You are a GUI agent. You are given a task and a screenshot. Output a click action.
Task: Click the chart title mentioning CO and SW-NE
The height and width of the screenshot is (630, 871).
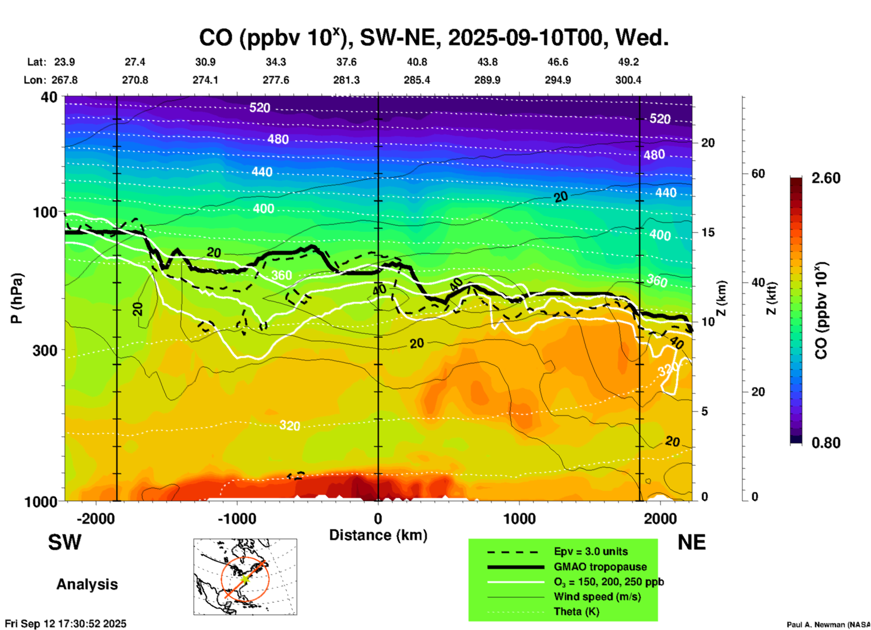pyautogui.click(x=433, y=38)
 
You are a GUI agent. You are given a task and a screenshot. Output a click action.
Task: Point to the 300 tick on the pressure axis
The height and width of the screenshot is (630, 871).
pyautogui.click(x=45, y=350)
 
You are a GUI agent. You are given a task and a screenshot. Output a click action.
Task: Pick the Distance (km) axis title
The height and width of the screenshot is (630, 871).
pyautogui.click(x=378, y=535)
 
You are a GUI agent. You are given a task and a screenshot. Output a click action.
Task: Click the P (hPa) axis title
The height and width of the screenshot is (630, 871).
pyautogui.click(x=16, y=298)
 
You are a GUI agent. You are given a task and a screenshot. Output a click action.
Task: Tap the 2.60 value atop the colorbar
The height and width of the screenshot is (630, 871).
pyautogui.click(x=826, y=178)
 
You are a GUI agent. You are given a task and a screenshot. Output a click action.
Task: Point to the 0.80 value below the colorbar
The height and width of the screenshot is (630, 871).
pyautogui.click(x=826, y=443)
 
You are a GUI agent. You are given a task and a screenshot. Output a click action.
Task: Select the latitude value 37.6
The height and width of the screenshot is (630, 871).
pyautogui.click(x=346, y=62)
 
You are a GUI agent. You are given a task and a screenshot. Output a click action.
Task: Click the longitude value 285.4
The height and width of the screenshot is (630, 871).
pyautogui.click(x=417, y=80)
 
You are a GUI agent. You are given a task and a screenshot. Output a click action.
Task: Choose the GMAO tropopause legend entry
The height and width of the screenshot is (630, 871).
pyautogui.click(x=600, y=567)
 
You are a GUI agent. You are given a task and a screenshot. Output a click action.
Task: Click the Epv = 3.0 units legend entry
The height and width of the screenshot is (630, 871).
pyautogui.click(x=591, y=551)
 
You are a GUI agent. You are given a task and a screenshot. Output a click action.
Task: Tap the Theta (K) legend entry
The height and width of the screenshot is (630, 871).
pyautogui.click(x=576, y=611)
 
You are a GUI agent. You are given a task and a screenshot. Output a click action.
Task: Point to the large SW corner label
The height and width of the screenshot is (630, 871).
pyautogui.click(x=65, y=542)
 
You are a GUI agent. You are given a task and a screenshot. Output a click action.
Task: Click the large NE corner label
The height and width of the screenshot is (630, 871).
pyautogui.click(x=691, y=542)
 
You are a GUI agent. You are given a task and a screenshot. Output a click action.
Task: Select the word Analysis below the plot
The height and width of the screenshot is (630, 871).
pyautogui.click(x=87, y=584)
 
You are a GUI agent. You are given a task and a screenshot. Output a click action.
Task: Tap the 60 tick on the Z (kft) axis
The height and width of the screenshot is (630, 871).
pyautogui.click(x=758, y=174)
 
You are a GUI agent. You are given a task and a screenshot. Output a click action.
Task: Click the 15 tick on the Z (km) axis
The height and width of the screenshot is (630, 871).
pyautogui.click(x=708, y=232)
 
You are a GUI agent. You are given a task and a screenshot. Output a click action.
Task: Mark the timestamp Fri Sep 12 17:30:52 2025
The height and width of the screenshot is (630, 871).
pyautogui.click(x=66, y=624)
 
